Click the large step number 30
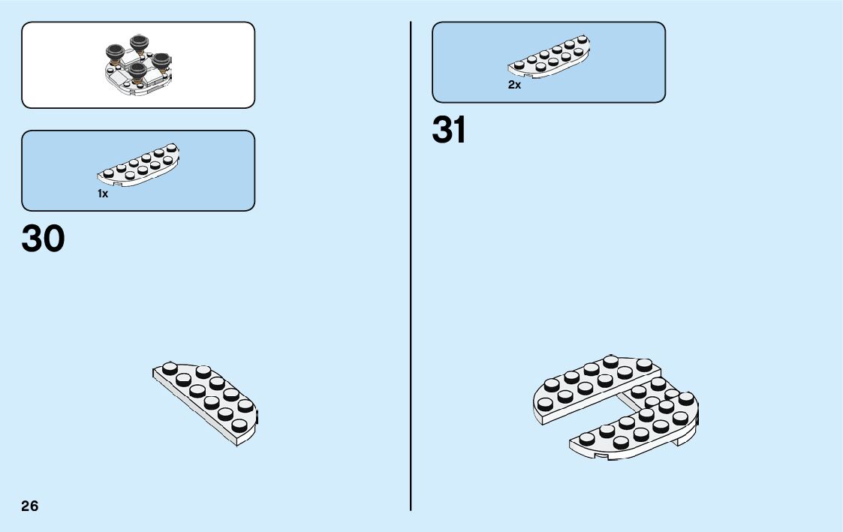(44, 239)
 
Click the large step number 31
(449, 131)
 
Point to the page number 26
(30, 506)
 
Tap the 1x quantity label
(103, 194)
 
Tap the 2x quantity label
(514, 86)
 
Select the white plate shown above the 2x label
(549, 58)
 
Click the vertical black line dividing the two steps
(411, 300)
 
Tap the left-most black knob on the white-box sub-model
(114, 53)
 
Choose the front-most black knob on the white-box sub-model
(137, 71)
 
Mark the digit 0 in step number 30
(54, 239)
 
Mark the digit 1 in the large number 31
(459, 131)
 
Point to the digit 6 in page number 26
(35, 506)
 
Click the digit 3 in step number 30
(33, 239)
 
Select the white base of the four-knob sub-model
(135, 86)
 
